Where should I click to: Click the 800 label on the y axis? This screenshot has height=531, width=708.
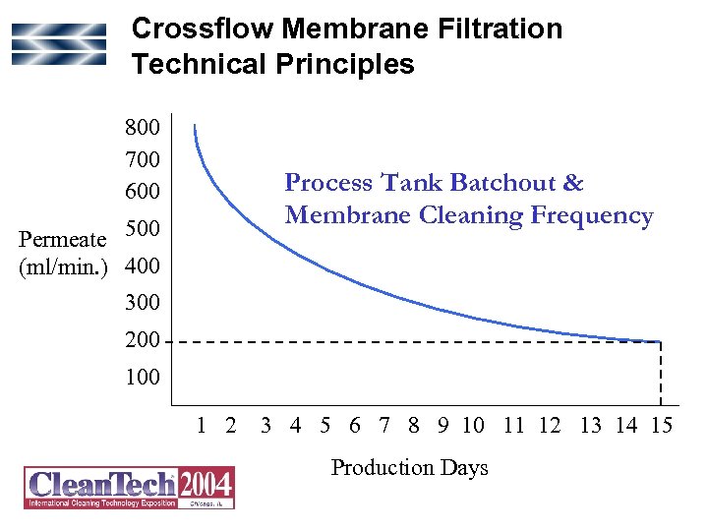pos(144,129)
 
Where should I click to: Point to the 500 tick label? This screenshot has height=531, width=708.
pos(144,229)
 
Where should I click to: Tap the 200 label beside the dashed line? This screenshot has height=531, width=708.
pos(144,340)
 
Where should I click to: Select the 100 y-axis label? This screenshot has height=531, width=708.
pos(144,378)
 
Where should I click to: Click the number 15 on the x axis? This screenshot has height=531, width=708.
pos(661,426)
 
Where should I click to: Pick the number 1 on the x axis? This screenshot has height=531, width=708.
pos(201,426)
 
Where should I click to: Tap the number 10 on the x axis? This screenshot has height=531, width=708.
pos(473,426)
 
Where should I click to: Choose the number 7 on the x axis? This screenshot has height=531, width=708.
pos(384,426)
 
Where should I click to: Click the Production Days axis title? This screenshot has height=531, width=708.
pos(409,468)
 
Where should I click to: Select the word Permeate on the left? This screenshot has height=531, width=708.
pos(61,240)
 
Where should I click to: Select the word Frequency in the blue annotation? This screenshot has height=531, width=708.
pos(593,215)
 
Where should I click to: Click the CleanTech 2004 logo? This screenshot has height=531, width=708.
pos(129,487)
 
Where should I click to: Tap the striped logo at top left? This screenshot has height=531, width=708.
pos(58,45)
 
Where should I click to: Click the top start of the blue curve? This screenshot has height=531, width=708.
pos(195,126)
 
